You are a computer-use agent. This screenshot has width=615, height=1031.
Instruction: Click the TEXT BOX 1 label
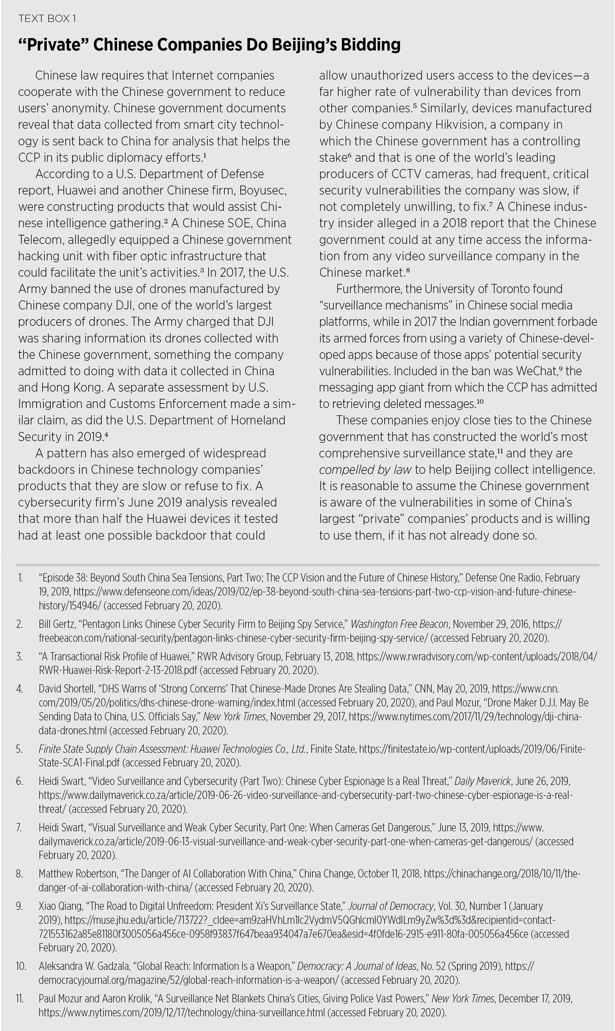tap(47, 18)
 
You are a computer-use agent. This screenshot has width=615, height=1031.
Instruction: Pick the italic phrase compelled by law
tap(365, 470)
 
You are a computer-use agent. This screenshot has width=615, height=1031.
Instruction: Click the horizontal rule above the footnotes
tap(307, 565)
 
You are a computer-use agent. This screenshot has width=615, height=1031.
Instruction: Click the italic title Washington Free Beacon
tap(399, 624)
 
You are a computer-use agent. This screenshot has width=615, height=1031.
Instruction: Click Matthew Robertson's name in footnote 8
tap(77, 874)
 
